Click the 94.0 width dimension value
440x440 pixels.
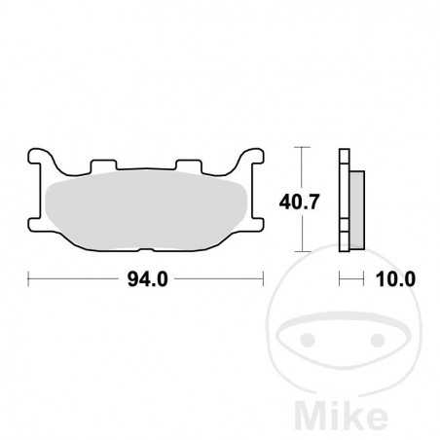click(147, 279)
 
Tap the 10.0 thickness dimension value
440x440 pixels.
click(394, 279)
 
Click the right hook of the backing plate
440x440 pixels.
click(254, 159)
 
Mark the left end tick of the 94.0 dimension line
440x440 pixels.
click(29, 279)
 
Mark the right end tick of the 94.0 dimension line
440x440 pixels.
click(263, 279)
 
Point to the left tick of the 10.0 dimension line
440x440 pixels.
click(339, 279)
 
